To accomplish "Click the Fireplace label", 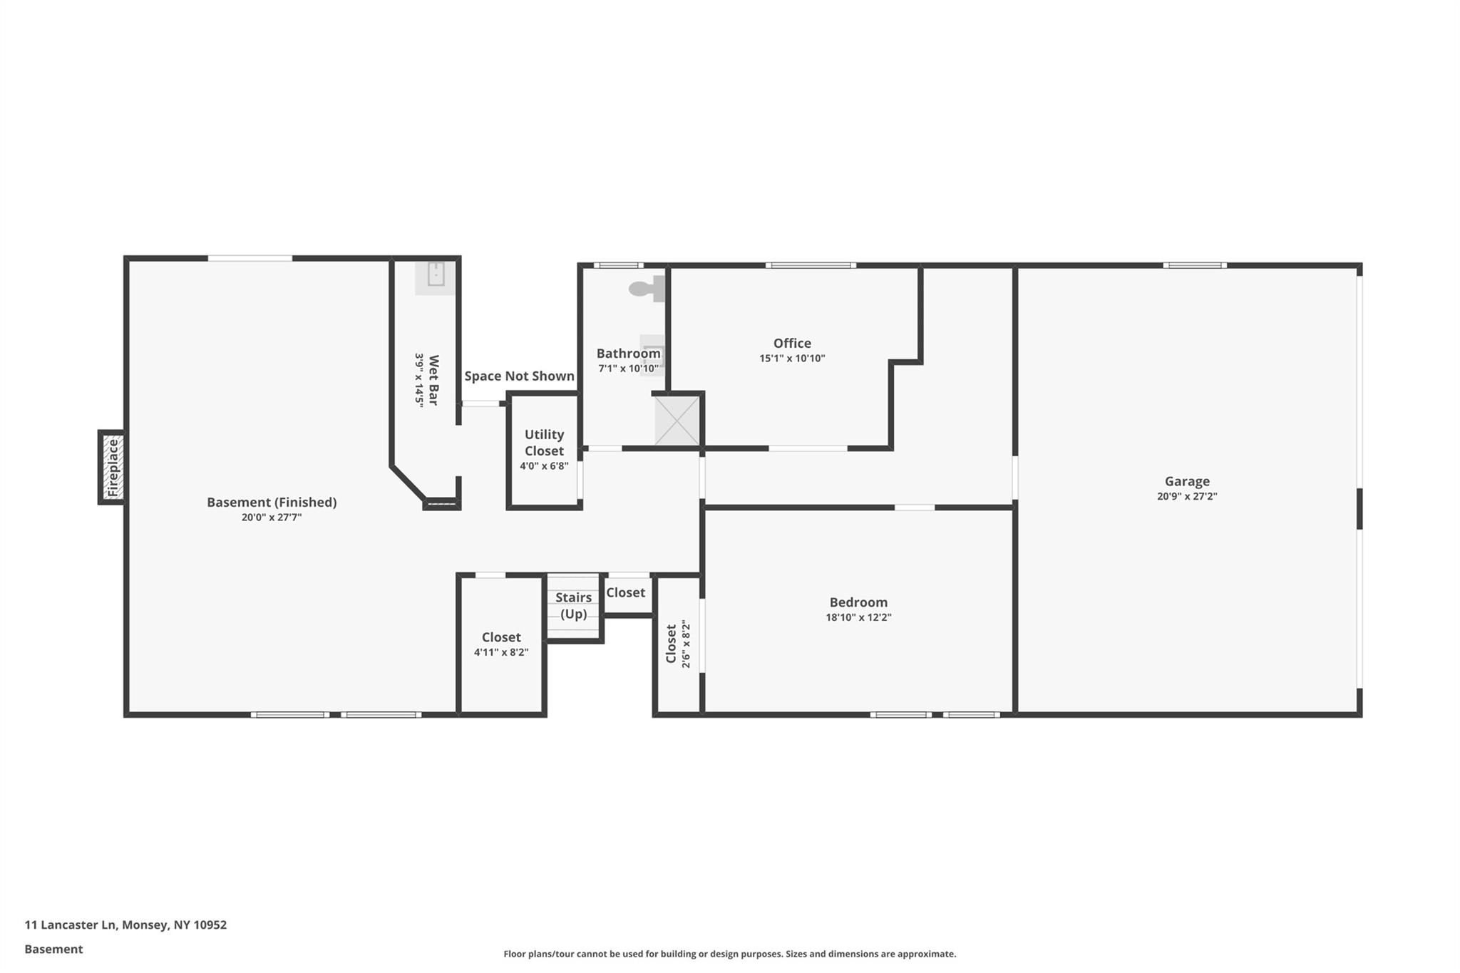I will coord(113,468).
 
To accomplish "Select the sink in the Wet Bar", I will coord(436,274).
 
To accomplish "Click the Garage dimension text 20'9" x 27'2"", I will coord(1187,497).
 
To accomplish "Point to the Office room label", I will coord(792,344).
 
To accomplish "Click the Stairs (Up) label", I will coord(573,606).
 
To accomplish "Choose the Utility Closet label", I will coord(544,443).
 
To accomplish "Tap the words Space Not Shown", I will coord(519,376).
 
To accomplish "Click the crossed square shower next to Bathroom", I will coord(677,421).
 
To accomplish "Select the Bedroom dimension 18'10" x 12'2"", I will coord(858,618).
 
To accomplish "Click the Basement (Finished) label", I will coord(272,503).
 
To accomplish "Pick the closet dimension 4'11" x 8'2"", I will coord(501,652).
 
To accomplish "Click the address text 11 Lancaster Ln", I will coord(70,925).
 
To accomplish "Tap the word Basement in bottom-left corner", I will coord(53,949).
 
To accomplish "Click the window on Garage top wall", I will coord(1195,266).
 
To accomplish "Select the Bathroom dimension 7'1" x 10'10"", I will coord(628,369).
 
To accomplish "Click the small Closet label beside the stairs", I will coord(625,593).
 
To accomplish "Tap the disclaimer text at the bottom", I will coord(729,954).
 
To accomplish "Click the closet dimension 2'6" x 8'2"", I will coord(686,645).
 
